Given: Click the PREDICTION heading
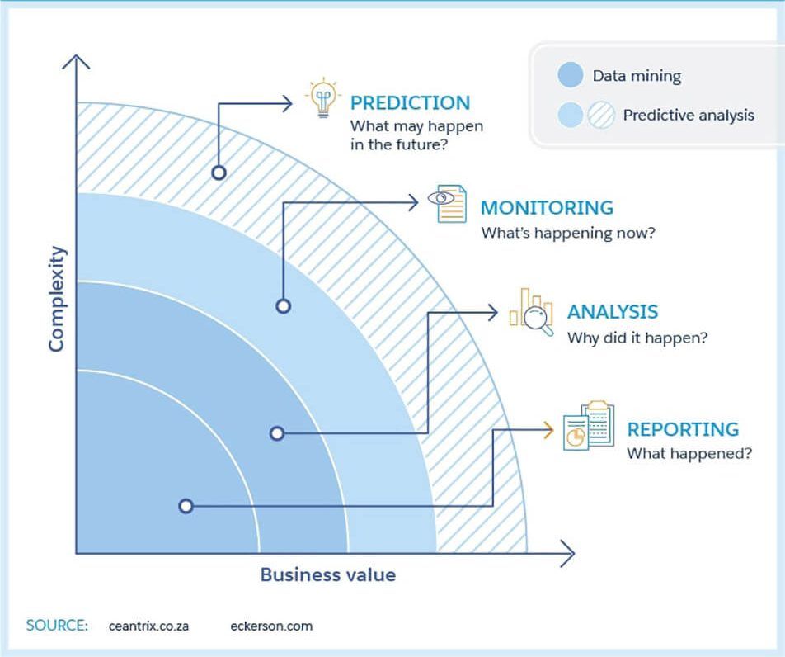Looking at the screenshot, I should [x=410, y=103].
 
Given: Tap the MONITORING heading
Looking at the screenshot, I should [x=547, y=208].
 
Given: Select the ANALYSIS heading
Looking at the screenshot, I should [x=612, y=312].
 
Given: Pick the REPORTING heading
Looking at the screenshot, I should [x=683, y=430].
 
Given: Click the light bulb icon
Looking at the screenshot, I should [x=322, y=98].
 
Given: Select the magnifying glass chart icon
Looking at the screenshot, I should [x=531, y=312].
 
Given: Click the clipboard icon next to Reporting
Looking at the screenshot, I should [x=589, y=426].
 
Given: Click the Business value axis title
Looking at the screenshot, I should [x=328, y=575].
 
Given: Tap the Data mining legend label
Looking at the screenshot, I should [x=637, y=76].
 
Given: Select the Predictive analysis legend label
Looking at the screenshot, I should [x=688, y=116].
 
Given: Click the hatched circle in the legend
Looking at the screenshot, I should [x=602, y=116].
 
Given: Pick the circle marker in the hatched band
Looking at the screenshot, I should [x=219, y=173].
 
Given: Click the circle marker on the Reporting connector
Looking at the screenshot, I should [x=186, y=506].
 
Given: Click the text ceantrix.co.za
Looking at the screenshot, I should [x=148, y=626].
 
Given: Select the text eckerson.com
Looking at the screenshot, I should [x=271, y=626].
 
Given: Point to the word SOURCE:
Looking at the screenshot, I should [x=57, y=625].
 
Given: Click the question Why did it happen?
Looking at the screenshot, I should [x=637, y=338].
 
